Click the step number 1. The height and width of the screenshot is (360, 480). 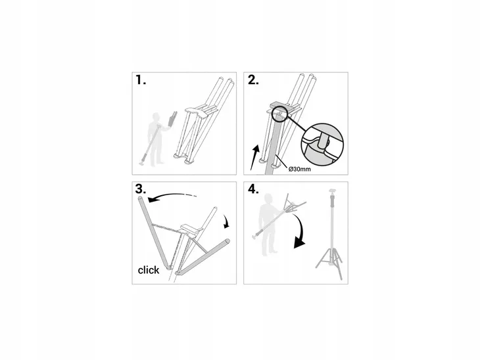click(140, 80)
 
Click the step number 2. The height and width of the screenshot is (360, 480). click(253, 80)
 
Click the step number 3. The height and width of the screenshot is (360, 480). click(141, 189)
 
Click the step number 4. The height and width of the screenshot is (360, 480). click(253, 189)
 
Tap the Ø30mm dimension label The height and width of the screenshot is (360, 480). click(300, 169)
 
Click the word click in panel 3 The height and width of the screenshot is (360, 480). click(149, 270)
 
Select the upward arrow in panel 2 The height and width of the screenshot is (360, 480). click(254, 157)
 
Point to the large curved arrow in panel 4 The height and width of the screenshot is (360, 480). click(299, 231)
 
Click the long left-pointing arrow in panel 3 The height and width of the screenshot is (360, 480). click(172, 196)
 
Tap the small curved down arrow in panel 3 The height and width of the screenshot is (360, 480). click(227, 221)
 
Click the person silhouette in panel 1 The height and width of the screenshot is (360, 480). click(156, 139)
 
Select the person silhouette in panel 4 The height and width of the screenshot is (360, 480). click(268, 224)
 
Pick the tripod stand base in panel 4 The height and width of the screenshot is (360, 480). click(329, 261)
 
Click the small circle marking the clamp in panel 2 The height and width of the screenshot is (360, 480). click(278, 113)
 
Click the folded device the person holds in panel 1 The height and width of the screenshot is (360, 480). click(172, 120)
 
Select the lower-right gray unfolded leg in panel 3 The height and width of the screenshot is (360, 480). click(203, 256)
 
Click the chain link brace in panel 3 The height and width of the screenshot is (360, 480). click(168, 228)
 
